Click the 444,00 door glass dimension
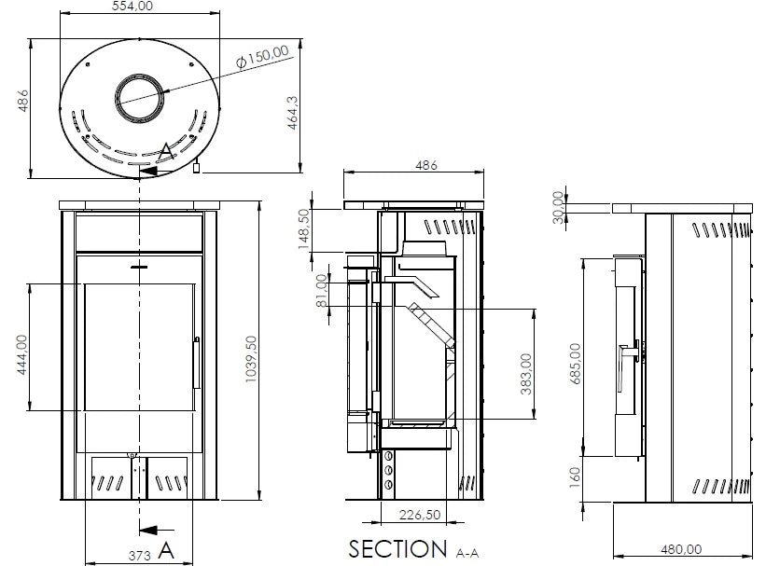pos(20,355)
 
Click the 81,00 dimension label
pos(322,290)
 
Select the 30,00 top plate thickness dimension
pos(558,206)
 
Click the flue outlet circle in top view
pos(142,98)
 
